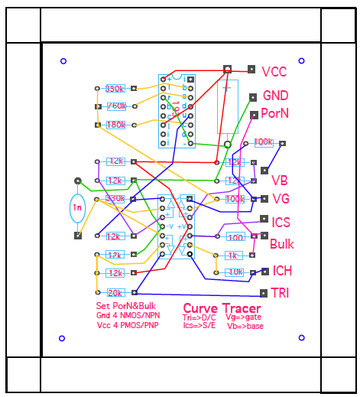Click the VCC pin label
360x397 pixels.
pos(274,72)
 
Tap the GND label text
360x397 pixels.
pos(276,96)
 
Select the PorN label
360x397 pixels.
pos(274,112)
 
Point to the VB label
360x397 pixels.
pos(280,181)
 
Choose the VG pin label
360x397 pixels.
pos(281,199)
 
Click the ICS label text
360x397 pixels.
pos(281,222)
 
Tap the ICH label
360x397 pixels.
pos(282,271)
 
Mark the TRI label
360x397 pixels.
pos(280,293)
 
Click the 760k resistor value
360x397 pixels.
pos(116,106)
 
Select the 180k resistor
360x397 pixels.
pos(116,125)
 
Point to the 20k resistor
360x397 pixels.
pos(115,293)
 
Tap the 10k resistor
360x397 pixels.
pos(235,272)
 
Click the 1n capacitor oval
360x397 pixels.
pos(77,207)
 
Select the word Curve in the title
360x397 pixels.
pos(200,309)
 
